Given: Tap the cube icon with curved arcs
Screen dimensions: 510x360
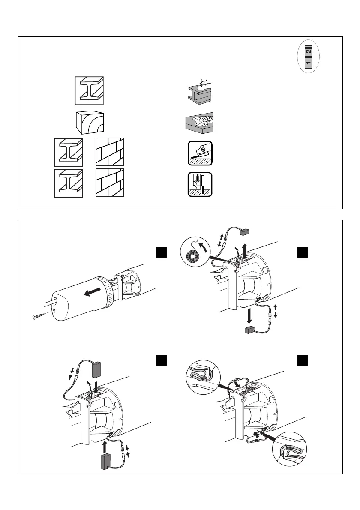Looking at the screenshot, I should pyautogui.click(x=89, y=123).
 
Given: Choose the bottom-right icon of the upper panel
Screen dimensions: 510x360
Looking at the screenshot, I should pyautogui.click(x=201, y=184).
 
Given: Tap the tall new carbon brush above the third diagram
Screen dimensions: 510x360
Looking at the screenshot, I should pyautogui.click(x=97, y=368).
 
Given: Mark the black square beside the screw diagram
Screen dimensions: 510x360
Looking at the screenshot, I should pyautogui.click(x=160, y=253).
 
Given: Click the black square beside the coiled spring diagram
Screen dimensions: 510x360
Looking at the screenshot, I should pyautogui.click(x=303, y=253).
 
